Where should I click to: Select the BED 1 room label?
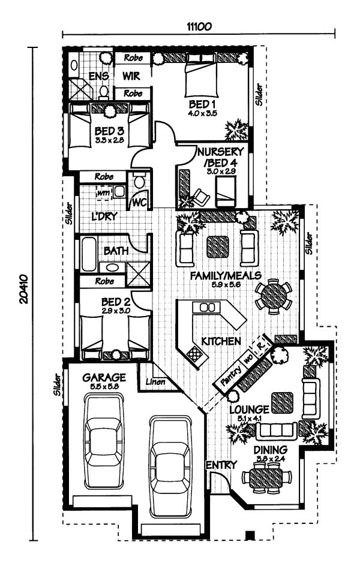coord(200,105)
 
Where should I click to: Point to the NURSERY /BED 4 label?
coord(220,157)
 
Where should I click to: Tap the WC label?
coord(139,201)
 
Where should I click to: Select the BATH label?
coord(115,251)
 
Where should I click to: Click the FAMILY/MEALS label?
coord(225,275)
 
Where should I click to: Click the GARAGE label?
coord(104,378)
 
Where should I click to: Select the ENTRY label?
coord(221,465)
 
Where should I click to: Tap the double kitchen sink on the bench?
coord(207,307)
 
